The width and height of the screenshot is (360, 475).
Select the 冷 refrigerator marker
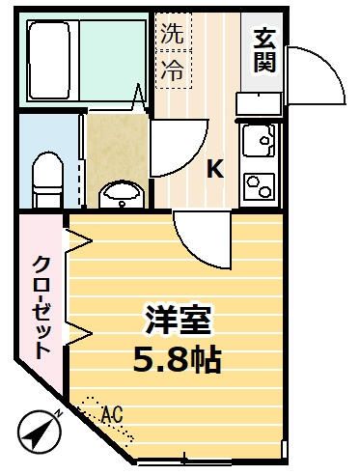pyautogui.click(x=170, y=70)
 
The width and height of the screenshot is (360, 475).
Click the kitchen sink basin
pyautogui.click(x=259, y=146)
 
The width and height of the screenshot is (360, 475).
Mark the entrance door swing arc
pyautogui.click(x=318, y=77)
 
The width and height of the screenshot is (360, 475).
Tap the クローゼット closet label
pyautogui.click(x=41, y=307)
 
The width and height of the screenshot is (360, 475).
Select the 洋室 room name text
pyautogui.click(x=179, y=321)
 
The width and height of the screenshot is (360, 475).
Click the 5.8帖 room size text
pyautogui.click(x=178, y=361)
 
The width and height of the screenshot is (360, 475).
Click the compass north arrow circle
pyautogui.click(x=35, y=432)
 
